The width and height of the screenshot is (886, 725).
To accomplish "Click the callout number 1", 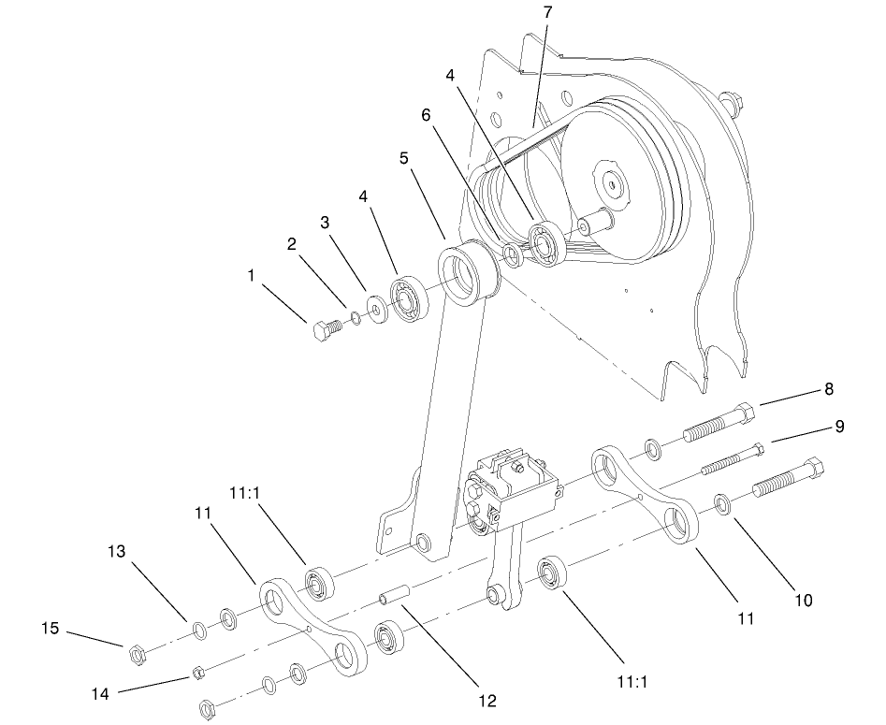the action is click(x=251, y=276).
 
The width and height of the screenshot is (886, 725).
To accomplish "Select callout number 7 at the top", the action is click(x=548, y=12).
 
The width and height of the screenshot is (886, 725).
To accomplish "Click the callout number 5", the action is click(x=404, y=159).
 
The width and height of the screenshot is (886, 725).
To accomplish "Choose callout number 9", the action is click(x=839, y=427).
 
